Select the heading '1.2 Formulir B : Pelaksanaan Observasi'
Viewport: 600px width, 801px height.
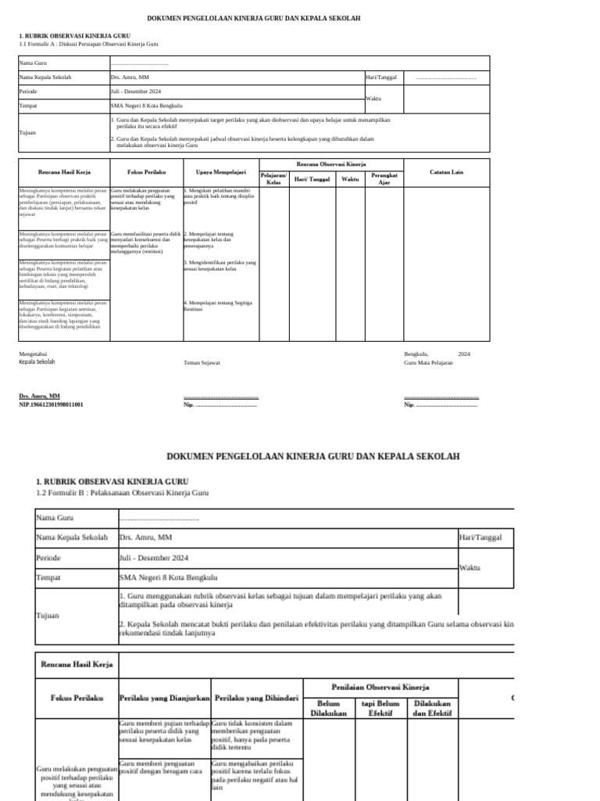click(123, 493)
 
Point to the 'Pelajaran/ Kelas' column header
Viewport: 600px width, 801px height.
click(273, 179)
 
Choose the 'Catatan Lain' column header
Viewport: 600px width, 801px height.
click(446, 172)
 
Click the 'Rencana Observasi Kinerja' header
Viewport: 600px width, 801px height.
click(331, 165)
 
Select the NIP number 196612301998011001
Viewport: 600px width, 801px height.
click(51, 404)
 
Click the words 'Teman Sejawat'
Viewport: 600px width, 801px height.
click(202, 363)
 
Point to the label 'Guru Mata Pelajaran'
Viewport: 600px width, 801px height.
click(428, 363)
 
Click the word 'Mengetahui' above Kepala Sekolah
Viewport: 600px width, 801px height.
click(33, 354)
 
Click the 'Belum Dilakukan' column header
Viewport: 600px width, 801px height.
click(328, 708)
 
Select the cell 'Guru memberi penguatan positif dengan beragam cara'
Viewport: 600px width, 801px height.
click(164, 767)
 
